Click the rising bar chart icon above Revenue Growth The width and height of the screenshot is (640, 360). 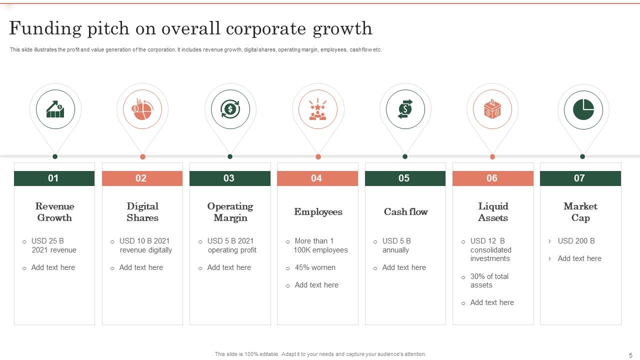(55, 109)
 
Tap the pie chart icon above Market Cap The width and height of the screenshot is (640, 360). (583, 109)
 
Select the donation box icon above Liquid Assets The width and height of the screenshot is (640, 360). (492, 109)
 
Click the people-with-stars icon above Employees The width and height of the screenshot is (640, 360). (317, 109)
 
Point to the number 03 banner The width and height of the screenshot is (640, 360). (230, 178)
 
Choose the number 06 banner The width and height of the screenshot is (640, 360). (493, 178)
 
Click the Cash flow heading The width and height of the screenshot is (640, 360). (405, 211)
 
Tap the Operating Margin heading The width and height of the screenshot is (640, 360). (230, 212)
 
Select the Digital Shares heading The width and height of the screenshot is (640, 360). (142, 212)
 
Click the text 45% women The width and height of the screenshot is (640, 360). (315, 267)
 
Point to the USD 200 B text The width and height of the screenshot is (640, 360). (576, 241)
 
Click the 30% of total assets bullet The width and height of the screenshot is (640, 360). (489, 280)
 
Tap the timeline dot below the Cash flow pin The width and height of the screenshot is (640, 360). (405, 156)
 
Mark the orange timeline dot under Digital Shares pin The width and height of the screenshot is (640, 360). (143, 156)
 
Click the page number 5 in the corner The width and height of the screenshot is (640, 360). (630, 355)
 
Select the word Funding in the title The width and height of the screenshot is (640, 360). (45, 29)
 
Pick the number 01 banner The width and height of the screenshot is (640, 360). (54, 178)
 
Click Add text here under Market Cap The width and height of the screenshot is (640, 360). (579, 258)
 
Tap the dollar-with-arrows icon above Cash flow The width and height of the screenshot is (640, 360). (405, 109)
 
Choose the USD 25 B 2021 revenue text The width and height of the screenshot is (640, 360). (53, 245)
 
